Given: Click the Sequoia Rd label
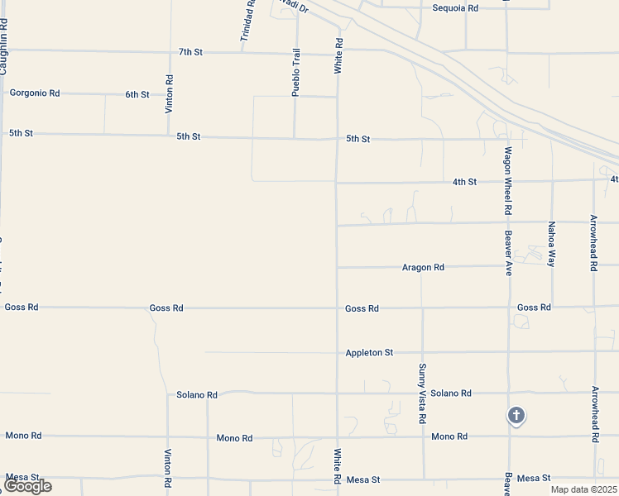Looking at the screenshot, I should click(x=455, y=7).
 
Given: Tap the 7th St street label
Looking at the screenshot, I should click(x=190, y=52).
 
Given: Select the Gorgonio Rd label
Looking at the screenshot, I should click(x=35, y=93).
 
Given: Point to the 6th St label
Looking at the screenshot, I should click(x=137, y=94).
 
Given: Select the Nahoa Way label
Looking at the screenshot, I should click(x=552, y=244).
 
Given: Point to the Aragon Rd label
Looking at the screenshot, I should click(x=423, y=267).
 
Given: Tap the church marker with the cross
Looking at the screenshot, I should click(x=516, y=416).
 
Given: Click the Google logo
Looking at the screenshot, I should click(x=27, y=486).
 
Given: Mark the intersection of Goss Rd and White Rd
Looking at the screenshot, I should click(x=337, y=308).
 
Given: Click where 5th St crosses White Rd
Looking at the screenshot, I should click(x=337, y=139).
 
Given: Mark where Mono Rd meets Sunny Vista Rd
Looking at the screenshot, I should click(x=424, y=436).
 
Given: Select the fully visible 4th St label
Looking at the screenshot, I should click(x=464, y=182).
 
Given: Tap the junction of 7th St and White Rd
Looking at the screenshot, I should click(x=337, y=53).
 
